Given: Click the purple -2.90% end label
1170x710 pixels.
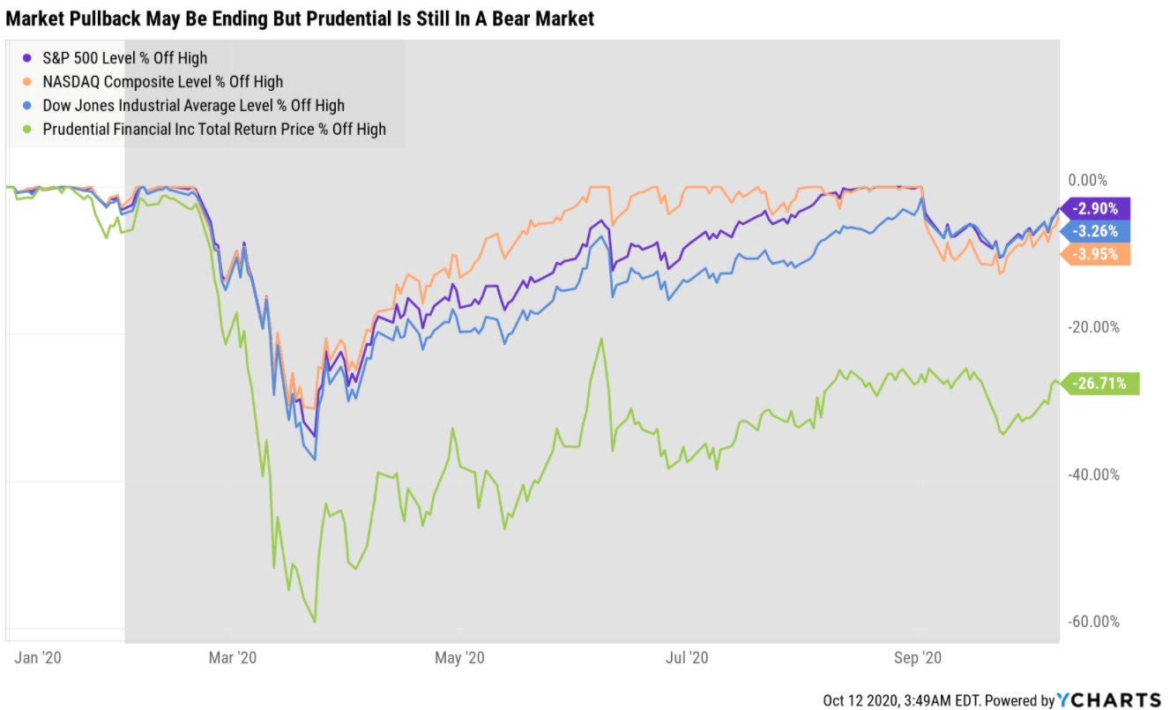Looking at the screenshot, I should pos(1097,209).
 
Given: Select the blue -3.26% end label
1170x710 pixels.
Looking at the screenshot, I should pos(1097,231).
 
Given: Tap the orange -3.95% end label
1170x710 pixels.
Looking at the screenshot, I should pos(1097,255).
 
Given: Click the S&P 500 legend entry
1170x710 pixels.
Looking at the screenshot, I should pos(124,58).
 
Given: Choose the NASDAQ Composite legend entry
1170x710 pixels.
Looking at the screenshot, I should pos(162,82).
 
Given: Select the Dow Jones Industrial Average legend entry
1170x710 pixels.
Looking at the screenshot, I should pos(193,106).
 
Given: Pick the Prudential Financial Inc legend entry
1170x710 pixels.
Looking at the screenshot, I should pos(214,130).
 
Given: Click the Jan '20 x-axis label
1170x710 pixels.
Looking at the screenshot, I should pos(39,658).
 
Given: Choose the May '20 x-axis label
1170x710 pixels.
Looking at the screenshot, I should pos(461,658).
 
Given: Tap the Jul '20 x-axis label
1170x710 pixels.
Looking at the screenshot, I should pos(688,658).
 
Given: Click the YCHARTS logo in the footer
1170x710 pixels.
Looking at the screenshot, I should pos(1108,700).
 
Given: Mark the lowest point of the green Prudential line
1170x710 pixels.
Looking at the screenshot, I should pos(314,622).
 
